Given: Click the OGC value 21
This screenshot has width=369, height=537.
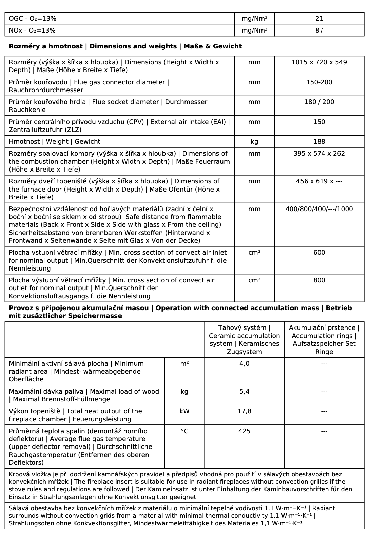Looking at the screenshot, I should [319, 19].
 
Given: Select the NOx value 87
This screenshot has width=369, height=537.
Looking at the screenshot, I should [319, 31].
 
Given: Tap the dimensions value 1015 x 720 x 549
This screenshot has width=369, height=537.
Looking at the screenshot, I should [319, 62].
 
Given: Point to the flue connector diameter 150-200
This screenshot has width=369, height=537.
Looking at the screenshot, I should [319, 82].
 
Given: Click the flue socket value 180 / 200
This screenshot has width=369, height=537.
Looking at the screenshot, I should [319, 102].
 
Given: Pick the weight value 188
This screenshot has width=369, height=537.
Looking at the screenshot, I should [319, 142].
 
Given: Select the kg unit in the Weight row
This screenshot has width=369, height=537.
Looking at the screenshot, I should [254, 142].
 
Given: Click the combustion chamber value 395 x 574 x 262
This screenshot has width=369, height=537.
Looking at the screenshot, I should [319, 154].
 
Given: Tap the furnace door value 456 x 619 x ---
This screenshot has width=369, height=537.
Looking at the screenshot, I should [319, 181].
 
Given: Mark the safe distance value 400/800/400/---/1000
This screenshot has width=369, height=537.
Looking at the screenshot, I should [319, 209].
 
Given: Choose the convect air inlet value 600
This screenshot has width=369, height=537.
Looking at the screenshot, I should [319, 253].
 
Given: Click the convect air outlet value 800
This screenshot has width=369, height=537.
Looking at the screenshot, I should [319, 280].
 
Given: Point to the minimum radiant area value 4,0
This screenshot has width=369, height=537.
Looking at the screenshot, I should [244, 364].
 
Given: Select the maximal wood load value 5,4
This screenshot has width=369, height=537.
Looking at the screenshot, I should [244, 392].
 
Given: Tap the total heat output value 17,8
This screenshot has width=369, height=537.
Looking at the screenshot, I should [244, 411].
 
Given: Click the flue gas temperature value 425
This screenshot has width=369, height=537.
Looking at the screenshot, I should [244, 431].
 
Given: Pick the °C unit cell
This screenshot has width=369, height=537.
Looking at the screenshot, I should [184, 431].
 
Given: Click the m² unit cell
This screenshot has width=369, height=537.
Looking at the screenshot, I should [184, 364].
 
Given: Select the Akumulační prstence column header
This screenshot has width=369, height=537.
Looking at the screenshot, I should [324, 340].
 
